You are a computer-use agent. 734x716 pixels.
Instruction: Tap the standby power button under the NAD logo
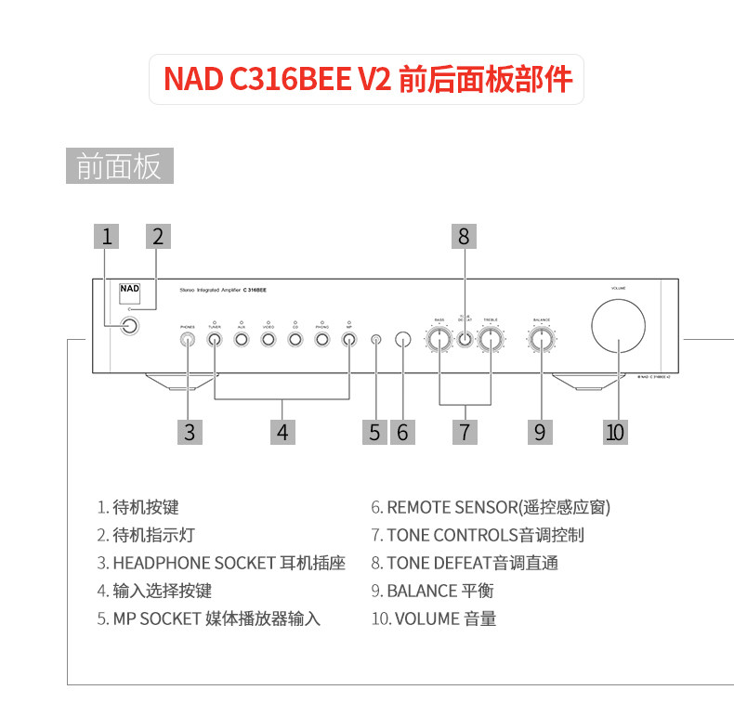(x=129, y=326)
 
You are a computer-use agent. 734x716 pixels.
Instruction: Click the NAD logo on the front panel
(x=129, y=288)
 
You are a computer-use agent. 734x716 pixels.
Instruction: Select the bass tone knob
(x=439, y=339)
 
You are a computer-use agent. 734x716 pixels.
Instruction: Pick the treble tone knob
(x=491, y=339)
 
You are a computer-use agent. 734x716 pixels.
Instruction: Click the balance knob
(x=541, y=339)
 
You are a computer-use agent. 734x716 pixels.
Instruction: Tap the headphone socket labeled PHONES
(x=188, y=339)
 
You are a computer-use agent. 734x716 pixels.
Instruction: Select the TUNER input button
(x=215, y=339)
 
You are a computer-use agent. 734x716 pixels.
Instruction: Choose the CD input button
(x=295, y=339)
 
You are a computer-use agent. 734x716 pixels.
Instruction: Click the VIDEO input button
(x=268, y=339)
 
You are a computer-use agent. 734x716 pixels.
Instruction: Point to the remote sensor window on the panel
(x=402, y=339)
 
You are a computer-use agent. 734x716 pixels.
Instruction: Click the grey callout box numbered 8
(x=464, y=236)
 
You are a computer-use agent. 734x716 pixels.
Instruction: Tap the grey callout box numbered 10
(x=615, y=431)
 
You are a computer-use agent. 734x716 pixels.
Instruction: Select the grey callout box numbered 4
(x=282, y=431)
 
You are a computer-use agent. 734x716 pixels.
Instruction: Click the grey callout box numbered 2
(x=157, y=236)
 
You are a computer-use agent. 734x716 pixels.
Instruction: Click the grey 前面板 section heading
(x=120, y=166)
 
